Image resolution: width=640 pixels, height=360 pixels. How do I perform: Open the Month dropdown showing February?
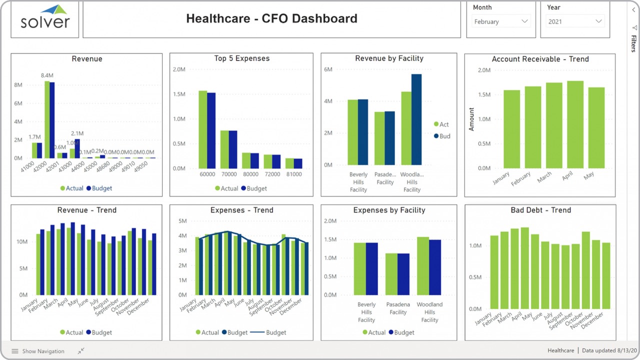pyautogui.click(x=500, y=21)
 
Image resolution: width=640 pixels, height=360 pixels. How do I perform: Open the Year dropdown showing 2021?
pyautogui.click(x=575, y=21)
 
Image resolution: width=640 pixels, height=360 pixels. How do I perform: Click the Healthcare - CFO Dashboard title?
pyautogui.click(x=271, y=19)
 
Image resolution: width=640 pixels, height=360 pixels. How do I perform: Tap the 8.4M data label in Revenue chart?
pyautogui.click(x=48, y=75)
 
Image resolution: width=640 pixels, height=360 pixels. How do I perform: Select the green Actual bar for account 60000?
pyautogui.click(x=202, y=129)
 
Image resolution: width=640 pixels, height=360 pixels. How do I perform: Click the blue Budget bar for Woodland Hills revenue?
pyautogui.click(x=416, y=119)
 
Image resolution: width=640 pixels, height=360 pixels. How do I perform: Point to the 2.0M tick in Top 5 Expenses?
pyautogui.click(x=178, y=69)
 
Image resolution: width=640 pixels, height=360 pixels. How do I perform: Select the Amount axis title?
pyautogui.click(x=471, y=119)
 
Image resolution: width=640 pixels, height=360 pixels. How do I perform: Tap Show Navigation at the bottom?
pyautogui.click(x=38, y=351)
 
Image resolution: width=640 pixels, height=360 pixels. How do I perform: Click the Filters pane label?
pyautogui.click(x=633, y=43)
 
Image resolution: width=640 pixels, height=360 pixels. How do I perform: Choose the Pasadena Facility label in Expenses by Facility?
pyautogui.click(x=398, y=308)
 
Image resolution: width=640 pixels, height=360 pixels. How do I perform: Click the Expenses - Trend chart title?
pyautogui.click(x=241, y=210)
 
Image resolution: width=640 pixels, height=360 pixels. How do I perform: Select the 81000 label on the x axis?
pyautogui.click(x=293, y=174)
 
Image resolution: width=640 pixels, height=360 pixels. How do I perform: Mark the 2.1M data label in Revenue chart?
pyautogui.click(x=77, y=133)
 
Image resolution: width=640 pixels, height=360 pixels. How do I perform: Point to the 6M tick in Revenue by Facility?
pyautogui.click(x=328, y=69)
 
